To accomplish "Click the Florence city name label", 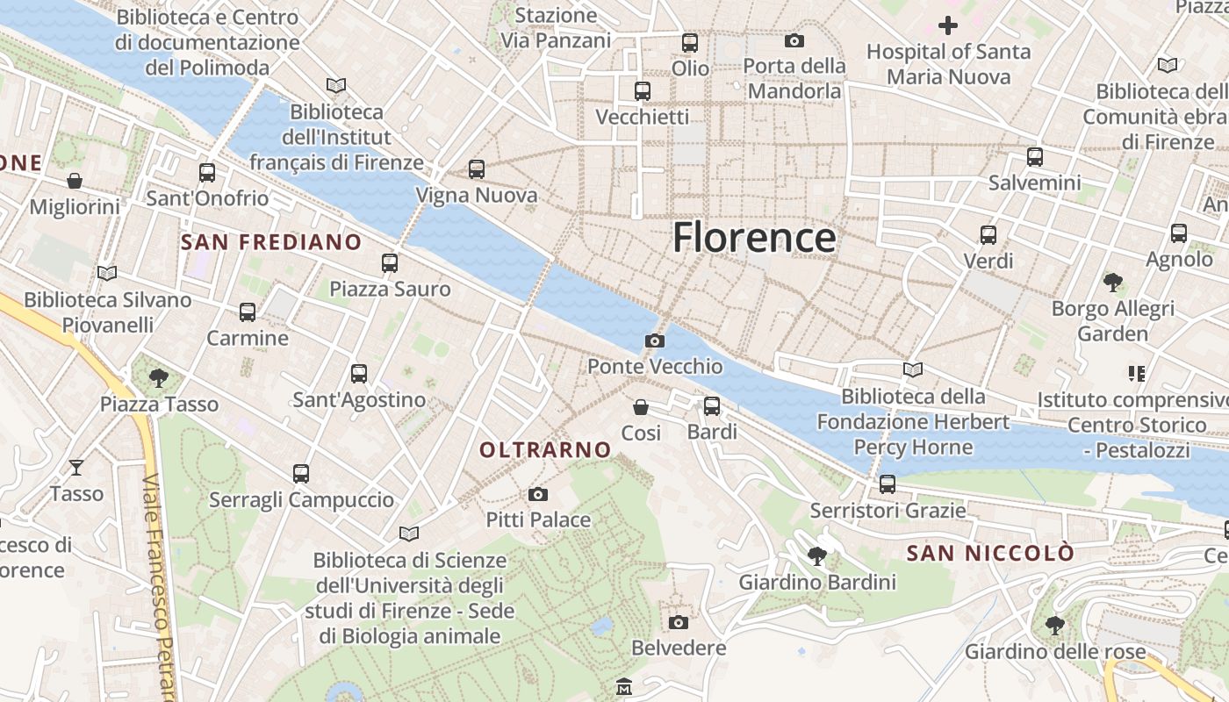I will click(754, 238).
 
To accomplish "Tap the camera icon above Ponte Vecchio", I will click(654, 340).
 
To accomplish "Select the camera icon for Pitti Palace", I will click(538, 494).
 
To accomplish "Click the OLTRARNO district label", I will click(545, 449).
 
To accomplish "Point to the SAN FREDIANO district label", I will click(270, 242).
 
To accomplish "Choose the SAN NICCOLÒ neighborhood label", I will click(990, 553).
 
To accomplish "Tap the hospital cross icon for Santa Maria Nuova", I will click(948, 25).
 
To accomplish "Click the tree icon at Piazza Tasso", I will click(159, 378).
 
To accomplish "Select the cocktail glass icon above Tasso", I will click(76, 468).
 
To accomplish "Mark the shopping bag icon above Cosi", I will click(641, 407).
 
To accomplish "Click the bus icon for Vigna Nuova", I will click(477, 169).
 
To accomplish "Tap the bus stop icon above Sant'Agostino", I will click(359, 374).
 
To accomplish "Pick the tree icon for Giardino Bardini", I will click(817, 555).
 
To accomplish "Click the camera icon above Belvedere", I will click(679, 622).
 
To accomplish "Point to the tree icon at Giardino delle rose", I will click(1055, 626).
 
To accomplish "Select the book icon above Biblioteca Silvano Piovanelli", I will click(107, 274).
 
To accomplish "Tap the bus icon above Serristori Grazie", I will click(888, 484).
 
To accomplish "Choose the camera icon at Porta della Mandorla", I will click(794, 40).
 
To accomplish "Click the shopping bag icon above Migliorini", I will click(75, 181).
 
